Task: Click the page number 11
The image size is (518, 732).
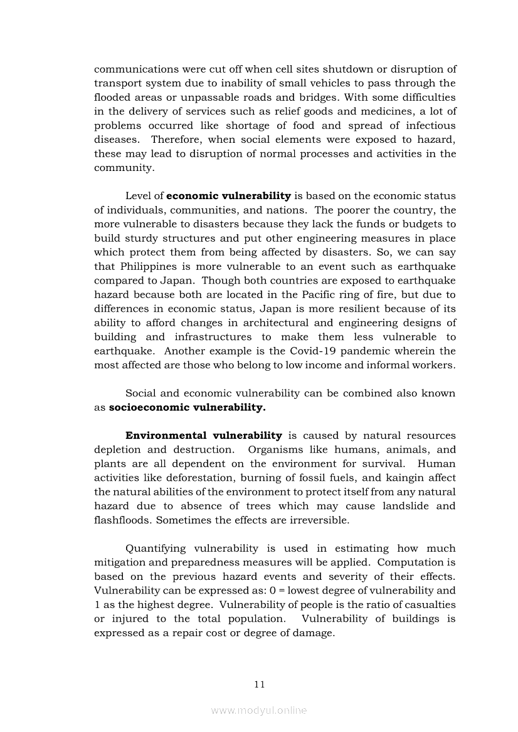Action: (260, 684)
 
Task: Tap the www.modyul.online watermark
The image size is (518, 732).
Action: (259, 710)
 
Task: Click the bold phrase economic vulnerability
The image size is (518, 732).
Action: (228, 196)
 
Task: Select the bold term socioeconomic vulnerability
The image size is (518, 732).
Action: (187, 408)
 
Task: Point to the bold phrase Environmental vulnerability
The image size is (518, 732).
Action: (204, 435)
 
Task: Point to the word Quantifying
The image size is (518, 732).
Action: (161, 548)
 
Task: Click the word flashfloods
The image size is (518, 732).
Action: (123, 520)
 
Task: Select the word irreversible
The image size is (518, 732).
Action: (318, 520)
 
